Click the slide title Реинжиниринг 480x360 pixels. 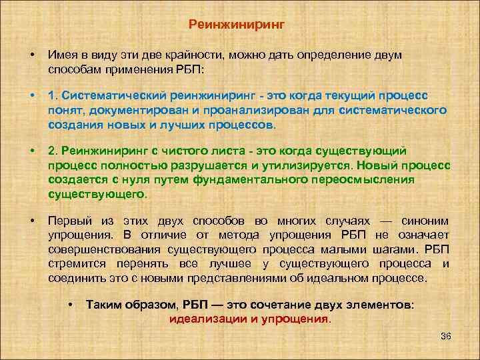coord(237,25)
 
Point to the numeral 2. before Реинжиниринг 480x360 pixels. coord(52,151)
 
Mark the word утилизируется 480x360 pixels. coord(311,165)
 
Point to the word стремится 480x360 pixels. coord(72,263)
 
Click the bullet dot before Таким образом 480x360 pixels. coord(71,304)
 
